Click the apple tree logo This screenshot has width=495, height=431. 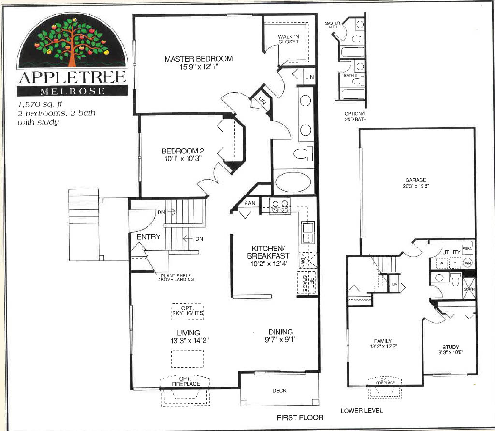72,41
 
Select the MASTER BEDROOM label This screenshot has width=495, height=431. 198,59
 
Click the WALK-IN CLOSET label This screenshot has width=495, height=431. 289,39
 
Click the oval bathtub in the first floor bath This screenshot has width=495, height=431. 293,183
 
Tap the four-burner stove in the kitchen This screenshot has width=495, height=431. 280,206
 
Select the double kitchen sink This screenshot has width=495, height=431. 307,232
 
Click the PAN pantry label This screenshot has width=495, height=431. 249,203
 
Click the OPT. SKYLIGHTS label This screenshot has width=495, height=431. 187,311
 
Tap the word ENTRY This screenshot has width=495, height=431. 148,237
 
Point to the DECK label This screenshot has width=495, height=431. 279,391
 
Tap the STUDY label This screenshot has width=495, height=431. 451,347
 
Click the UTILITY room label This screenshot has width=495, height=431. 451,252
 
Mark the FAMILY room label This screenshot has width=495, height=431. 382,341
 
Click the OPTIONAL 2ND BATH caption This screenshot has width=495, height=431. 355,116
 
